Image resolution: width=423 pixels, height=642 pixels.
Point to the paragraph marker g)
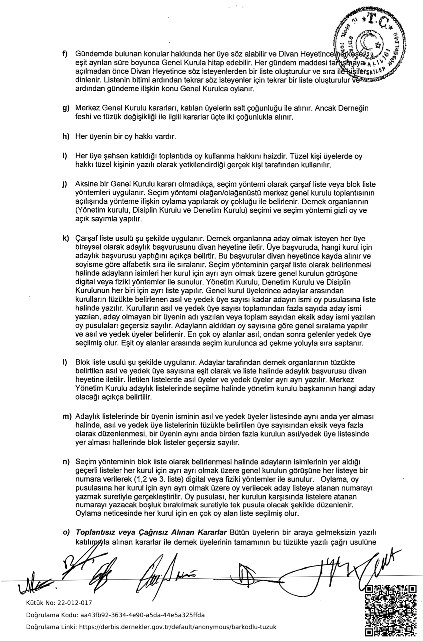66,108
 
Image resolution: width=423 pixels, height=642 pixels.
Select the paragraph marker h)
66,136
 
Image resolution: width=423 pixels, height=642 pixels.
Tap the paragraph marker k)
66,239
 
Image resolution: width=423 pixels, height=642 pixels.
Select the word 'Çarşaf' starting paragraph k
85,239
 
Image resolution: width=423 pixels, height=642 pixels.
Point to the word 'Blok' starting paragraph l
82,362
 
